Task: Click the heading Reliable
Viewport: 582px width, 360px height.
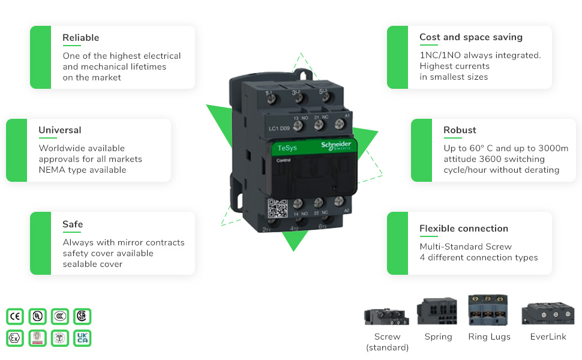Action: pos(80,38)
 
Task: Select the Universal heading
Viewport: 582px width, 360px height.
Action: pos(59,130)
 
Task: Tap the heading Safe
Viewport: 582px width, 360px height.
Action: pos(73,224)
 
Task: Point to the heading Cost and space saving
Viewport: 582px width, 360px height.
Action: pos(470,37)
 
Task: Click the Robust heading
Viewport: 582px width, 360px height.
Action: pos(460,130)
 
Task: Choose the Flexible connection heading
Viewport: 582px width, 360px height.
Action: pos(463,229)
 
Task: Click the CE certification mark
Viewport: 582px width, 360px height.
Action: pos(15,316)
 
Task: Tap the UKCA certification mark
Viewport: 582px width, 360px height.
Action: pos(82,338)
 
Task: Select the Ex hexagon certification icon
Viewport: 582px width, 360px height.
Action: pos(15,338)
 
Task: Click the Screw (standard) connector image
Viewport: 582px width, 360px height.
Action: pos(386,315)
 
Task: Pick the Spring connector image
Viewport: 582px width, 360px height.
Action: pos(437,311)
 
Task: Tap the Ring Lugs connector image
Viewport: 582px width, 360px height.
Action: pos(488,310)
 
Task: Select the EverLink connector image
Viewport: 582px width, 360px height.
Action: pos(548,313)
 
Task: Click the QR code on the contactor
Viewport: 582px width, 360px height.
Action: pos(278,208)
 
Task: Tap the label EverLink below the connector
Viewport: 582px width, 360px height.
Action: pos(548,337)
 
